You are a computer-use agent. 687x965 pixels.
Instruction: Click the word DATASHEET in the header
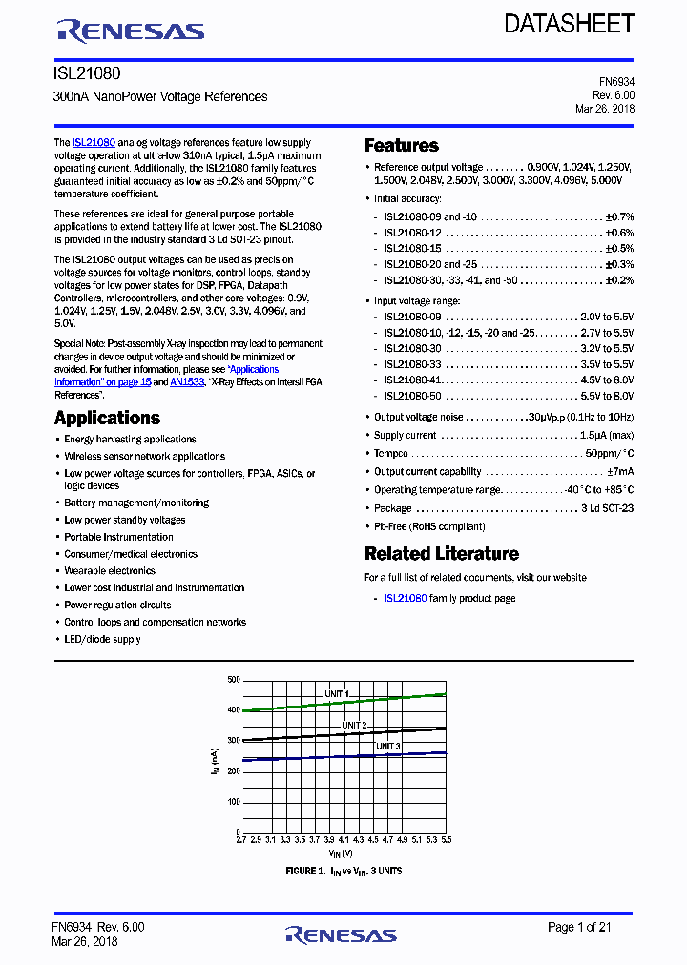pyautogui.click(x=570, y=24)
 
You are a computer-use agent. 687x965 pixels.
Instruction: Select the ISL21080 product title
pyautogui.click(x=87, y=72)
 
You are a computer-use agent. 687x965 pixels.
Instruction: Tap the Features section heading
pyautogui.click(x=402, y=146)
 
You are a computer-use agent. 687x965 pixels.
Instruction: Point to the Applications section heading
pyautogui.click(x=107, y=418)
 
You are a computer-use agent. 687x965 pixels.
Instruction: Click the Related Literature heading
pyautogui.click(x=442, y=554)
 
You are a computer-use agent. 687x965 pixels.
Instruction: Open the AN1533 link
pyautogui.click(x=187, y=381)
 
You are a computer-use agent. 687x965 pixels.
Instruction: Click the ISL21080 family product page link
pyautogui.click(x=406, y=598)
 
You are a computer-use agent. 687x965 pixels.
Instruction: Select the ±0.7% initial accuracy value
pyautogui.click(x=619, y=216)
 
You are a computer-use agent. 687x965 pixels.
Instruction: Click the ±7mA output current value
pyautogui.click(x=620, y=471)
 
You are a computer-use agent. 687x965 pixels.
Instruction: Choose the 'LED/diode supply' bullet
pyautogui.click(x=102, y=639)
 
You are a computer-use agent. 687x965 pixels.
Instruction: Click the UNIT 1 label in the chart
pyautogui.click(x=337, y=693)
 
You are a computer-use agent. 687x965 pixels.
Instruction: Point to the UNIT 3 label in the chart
pyautogui.click(x=388, y=746)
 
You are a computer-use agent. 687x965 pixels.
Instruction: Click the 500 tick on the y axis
pyautogui.click(x=234, y=680)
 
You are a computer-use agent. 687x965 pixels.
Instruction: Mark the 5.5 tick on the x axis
pyautogui.click(x=446, y=840)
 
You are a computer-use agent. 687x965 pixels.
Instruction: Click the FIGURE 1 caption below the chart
pyautogui.click(x=343, y=872)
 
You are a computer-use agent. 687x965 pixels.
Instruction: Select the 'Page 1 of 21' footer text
pyautogui.click(x=591, y=927)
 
